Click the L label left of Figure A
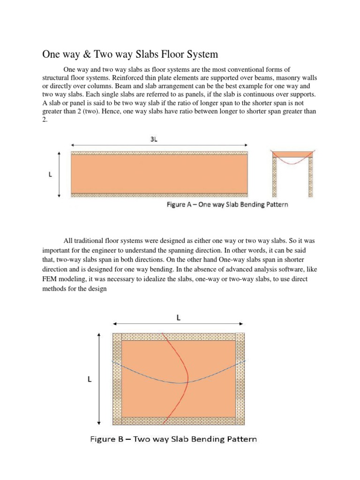click(50, 174)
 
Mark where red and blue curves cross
click(187, 382)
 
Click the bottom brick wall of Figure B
click(178, 420)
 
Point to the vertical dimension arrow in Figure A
click(59, 174)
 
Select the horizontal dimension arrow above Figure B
click(178, 324)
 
